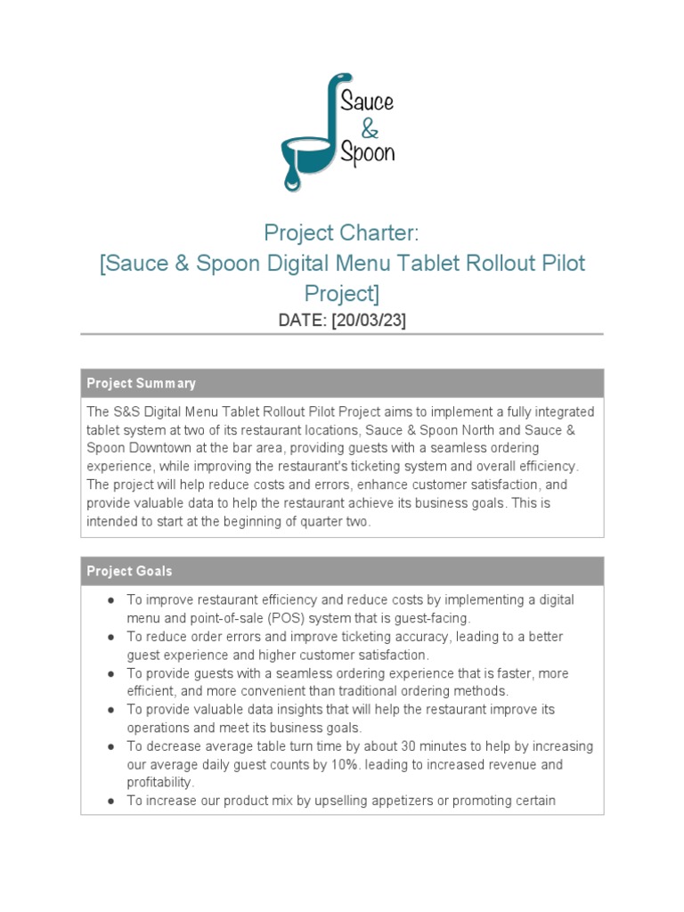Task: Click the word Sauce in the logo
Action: click(x=368, y=100)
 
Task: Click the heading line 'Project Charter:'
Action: click(x=341, y=233)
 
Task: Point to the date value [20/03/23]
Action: click(x=369, y=321)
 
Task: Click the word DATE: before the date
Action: click(x=302, y=321)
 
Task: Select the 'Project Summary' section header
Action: click(x=141, y=384)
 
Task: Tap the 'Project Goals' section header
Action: click(x=129, y=571)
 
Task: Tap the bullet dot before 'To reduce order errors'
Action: click(x=110, y=637)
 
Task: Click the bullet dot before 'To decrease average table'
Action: click(x=110, y=746)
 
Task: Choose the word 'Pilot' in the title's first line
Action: click(x=564, y=264)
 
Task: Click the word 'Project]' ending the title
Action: click(x=341, y=293)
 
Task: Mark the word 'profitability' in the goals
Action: click(x=159, y=783)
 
